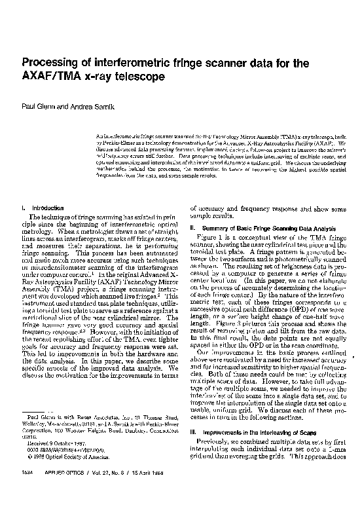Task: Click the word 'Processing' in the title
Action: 51,64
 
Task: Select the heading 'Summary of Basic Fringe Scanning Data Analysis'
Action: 268,227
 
